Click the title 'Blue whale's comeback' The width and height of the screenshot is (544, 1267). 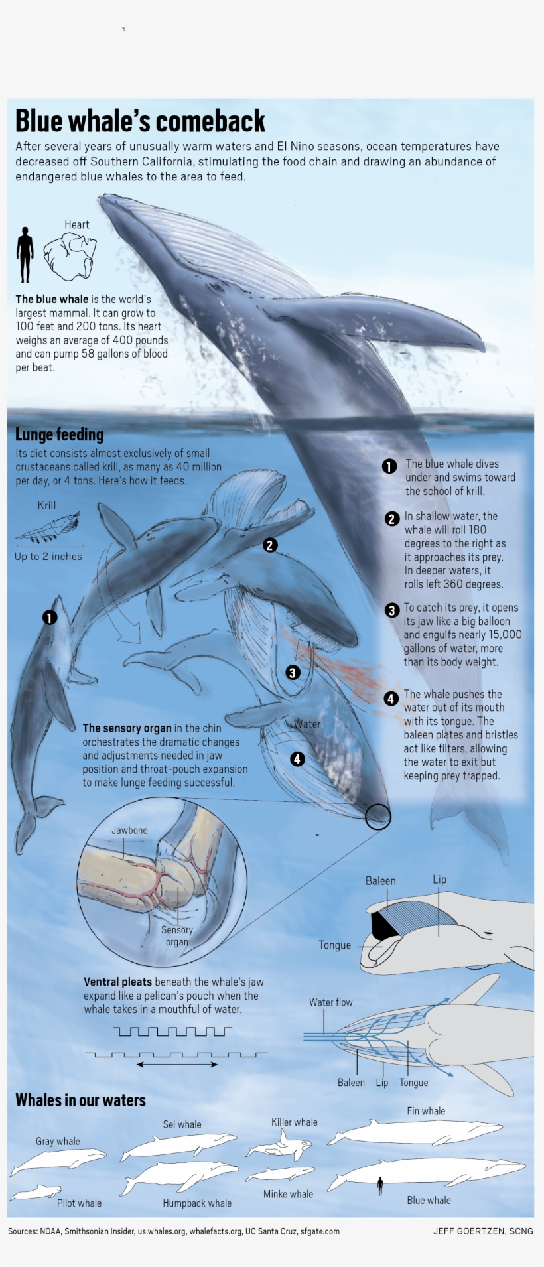coord(140,121)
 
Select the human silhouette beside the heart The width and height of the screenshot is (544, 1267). coord(25,255)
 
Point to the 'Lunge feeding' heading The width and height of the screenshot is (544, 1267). coord(59,434)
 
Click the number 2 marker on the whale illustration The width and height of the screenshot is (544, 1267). coord(269,545)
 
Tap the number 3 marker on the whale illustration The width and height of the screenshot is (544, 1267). coord(293,673)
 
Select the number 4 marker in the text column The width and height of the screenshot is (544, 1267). coord(391,698)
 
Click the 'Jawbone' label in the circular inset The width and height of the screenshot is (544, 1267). coord(129,830)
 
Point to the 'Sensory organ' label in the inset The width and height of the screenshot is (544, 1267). coord(176,935)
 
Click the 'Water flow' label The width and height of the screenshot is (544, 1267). coord(330,1002)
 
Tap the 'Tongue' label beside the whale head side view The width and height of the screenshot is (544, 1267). coord(334,945)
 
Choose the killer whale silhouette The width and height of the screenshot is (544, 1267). coord(280,1146)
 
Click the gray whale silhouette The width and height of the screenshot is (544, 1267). coord(58,1158)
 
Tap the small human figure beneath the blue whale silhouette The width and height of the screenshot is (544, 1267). coord(380,1185)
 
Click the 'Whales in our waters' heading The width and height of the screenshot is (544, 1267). coord(80,1100)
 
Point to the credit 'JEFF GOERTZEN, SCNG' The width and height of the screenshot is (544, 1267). coord(482,1231)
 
